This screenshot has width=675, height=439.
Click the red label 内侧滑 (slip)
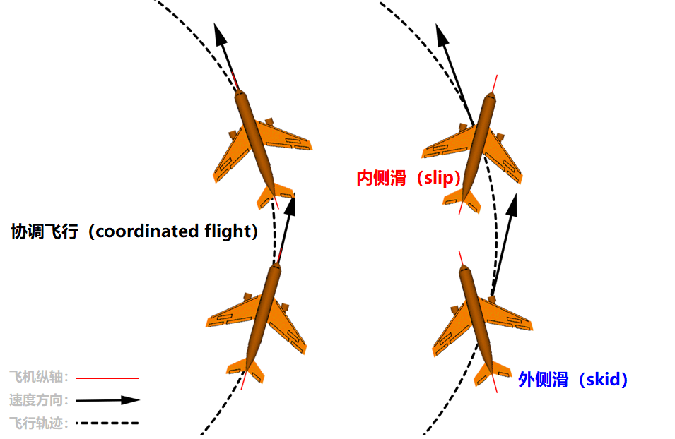(x=408, y=178)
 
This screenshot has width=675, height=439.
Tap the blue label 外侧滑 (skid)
(x=573, y=380)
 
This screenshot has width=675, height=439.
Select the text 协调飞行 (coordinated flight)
(x=134, y=231)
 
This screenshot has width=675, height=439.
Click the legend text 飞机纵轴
(x=38, y=377)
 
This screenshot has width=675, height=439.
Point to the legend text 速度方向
(x=38, y=400)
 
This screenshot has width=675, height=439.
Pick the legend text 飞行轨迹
(x=38, y=423)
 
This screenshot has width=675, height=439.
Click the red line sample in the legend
(x=106, y=378)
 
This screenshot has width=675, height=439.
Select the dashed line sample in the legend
(x=106, y=423)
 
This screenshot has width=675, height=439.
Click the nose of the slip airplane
(x=489, y=97)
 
